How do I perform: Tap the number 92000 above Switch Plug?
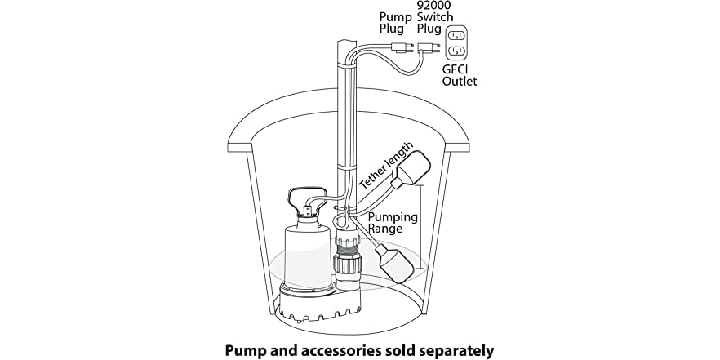[x=434, y=6]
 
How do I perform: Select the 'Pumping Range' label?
[x=392, y=223]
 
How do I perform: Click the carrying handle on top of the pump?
[x=302, y=197]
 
